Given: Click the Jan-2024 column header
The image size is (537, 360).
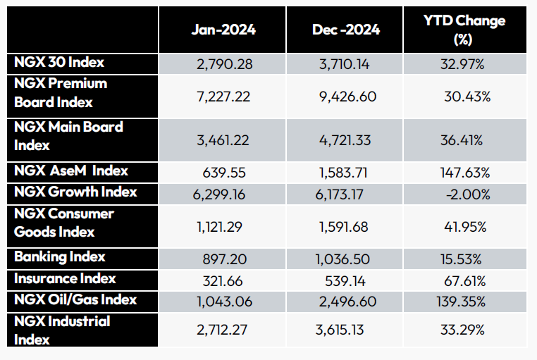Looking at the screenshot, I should point(223,30).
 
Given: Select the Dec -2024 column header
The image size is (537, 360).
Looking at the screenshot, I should point(345,30).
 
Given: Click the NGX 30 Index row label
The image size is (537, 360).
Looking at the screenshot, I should point(59,63).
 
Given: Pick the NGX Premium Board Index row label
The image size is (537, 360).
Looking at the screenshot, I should point(61,93).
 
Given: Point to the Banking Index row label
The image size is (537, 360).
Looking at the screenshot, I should point(60,256).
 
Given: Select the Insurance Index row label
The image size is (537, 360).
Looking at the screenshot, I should point(65,278).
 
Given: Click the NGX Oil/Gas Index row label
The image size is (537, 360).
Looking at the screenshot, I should point(75,300).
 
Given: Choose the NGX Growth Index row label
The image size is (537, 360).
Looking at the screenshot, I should point(75,192).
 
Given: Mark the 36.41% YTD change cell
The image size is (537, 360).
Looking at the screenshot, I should point(463,140).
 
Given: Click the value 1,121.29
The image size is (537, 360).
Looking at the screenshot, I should point(223,228).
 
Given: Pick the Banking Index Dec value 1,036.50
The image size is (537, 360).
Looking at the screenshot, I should point(345,260).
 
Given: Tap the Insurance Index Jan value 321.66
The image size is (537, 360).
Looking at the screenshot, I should point(223,282).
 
